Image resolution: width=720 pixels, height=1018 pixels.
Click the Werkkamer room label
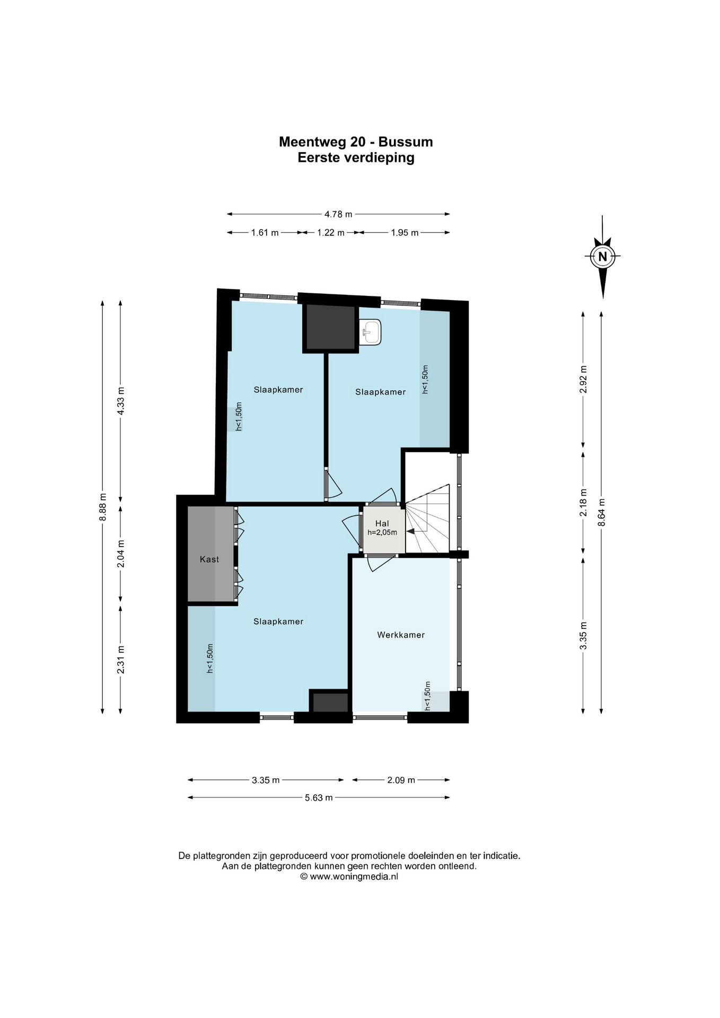click(x=401, y=635)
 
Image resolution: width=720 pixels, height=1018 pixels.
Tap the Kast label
click(x=209, y=559)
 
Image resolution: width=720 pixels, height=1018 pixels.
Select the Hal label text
click(x=382, y=523)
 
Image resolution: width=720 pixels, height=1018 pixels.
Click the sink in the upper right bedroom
click(x=370, y=332)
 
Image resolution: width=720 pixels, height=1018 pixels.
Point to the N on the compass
click(x=602, y=257)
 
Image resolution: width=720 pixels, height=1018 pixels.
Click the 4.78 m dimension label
click(x=338, y=214)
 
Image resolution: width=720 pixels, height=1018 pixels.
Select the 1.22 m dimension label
click(x=331, y=232)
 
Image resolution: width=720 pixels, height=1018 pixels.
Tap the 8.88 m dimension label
click(x=103, y=507)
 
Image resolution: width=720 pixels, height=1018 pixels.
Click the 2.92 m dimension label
click(x=583, y=379)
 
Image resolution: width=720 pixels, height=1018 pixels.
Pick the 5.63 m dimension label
click(x=319, y=797)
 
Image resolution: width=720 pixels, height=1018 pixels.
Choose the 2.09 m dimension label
click(x=401, y=780)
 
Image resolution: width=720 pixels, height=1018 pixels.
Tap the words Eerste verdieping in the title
click(x=356, y=157)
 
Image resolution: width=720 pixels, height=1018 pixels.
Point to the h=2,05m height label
click(x=382, y=532)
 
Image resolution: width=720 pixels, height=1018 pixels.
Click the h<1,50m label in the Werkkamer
click(x=427, y=696)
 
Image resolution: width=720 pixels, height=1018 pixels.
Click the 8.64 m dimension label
click(x=601, y=512)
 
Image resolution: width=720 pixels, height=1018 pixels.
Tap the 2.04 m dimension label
click(x=121, y=554)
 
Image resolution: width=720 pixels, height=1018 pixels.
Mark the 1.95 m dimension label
click(x=405, y=232)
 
